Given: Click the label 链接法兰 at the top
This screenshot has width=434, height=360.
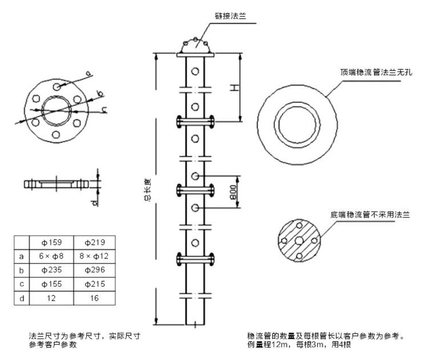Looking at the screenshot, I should click(x=232, y=16).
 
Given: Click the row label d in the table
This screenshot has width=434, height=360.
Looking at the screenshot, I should click(x=21, y=298).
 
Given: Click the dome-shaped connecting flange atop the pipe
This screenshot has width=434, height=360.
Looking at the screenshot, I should click(x=196, y=46).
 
